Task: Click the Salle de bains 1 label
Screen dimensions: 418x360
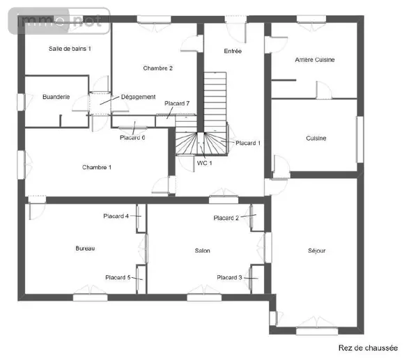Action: pyautogui.click(x=70, y=49)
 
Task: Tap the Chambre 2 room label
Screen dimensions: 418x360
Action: pyautogui.click(x=158, y=68)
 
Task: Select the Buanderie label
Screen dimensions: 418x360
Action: pyautogui.click(x=56, y=97)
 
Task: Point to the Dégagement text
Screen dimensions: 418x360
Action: pyautogui.click(x=138, y=97)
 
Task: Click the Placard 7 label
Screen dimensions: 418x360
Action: pyautogui.click(x=177, y=103)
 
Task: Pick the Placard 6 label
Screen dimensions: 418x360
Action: pyautogui.click(x=132, y=137)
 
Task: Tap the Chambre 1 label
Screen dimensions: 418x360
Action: pyautogui.click(x=97, y=167)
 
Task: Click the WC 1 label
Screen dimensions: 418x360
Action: pyautogui.click(x=204, y=163)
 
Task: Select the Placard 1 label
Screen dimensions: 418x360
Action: pyautogui.click(x=248, y=143)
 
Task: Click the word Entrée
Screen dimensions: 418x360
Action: pyautogui.click(x=233, y=51)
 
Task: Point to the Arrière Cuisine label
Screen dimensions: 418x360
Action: pyautogui.click(x=315, y=60)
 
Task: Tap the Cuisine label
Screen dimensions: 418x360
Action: pyautogui.click(x=316, y=139)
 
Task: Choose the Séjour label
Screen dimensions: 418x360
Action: pyautogui.click(x=317, y=251)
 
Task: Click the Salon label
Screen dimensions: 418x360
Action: pyautogui.click(x=202, y=251)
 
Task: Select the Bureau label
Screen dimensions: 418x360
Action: pyautogui.click(x=85, y=249)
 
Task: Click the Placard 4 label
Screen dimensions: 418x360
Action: pyautogui.click(x=116, y=216)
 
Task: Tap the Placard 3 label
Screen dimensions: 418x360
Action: pyautogui.click(x=229, y=278)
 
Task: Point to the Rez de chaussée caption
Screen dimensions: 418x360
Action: pyautogui.click(x=368, y=348)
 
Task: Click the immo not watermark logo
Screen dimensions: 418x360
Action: pyautogui.click(x=59, y=21)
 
